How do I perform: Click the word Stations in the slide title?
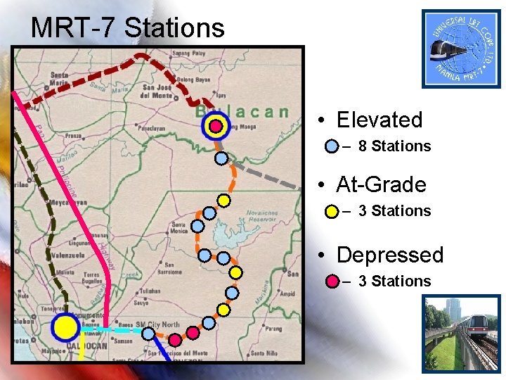[x=174, y=28]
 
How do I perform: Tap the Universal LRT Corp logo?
[x=461, y=48]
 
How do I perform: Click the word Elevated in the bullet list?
[x=379, y=120]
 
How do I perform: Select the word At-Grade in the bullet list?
[x=381, y=184]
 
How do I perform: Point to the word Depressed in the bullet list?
[x=390, y=254]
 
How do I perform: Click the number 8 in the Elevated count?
[x=363, y=146]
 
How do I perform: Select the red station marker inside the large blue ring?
[x=216, y=127]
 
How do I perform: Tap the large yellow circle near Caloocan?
[x=65, y=327]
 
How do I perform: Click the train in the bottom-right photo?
[x=478, y=338]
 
